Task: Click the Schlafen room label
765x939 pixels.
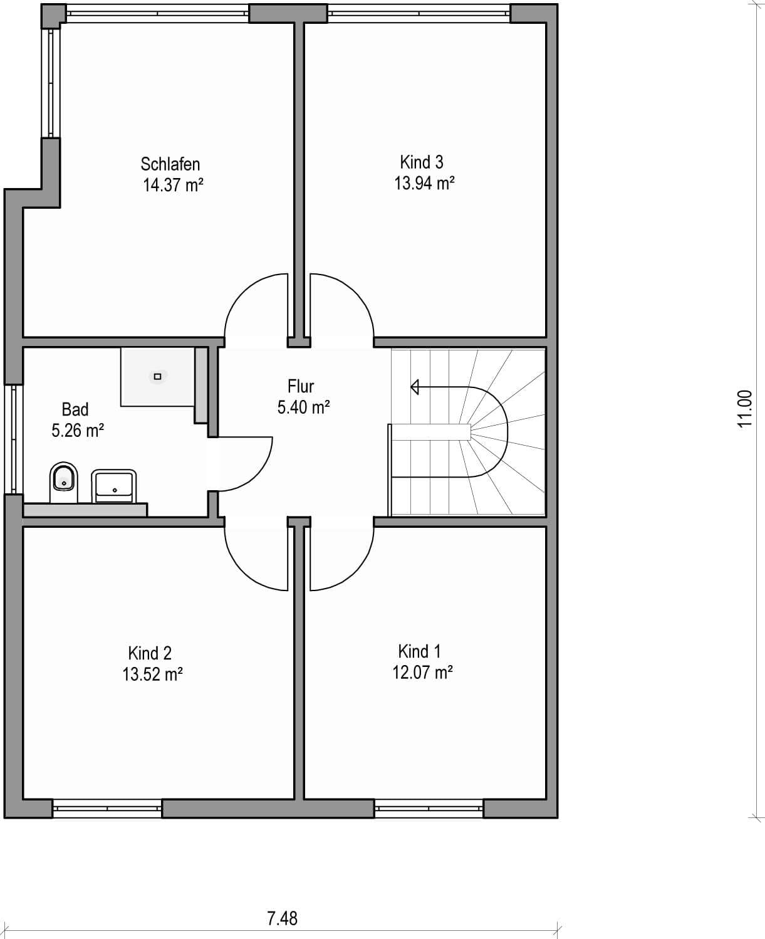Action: click(x=170, y=164)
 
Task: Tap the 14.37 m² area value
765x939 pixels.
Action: click(x=173, y=185)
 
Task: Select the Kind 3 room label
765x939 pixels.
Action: click(x=421, y=162)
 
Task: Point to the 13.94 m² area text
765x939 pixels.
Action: click(x=424, y=182)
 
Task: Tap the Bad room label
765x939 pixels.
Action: click(x=75, y=409)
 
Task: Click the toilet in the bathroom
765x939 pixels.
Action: click(x=63, y=482)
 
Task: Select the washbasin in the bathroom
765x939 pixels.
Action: click(x=113, y=486)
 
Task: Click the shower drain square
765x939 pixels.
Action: click(x=157, y=377)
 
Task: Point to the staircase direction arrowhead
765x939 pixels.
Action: click(x=414, y=387)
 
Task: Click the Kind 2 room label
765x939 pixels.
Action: click(x=150, y=653)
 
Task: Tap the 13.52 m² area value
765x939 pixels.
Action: click(x=152, y=674)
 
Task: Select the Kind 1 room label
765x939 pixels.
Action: click(x=419, y=651)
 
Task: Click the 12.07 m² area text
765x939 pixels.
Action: click(x=423, y=673)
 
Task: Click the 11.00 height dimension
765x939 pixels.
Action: click(x=745, y=409)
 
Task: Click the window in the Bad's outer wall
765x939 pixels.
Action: click(x=13, y=439)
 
